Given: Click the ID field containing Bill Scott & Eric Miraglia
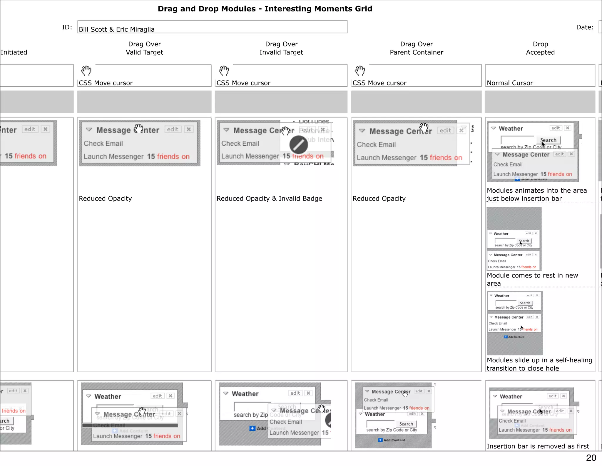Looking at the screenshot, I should pos(212,27).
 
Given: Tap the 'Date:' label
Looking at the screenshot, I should pos(585,27).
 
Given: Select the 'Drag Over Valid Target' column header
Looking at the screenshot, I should pos(144,48).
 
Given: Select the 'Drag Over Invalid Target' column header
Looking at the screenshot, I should pos(281,48).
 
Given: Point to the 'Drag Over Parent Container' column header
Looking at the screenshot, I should pos(416,48).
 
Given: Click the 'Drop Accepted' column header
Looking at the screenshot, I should pos(540,48).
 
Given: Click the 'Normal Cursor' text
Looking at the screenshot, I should pos(510,83).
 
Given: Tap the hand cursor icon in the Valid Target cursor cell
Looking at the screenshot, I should pos(86,71).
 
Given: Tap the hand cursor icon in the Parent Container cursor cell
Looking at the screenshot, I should pos(360,71).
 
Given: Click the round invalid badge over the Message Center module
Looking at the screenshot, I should pos(298,144).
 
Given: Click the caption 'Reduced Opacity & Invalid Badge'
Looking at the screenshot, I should pos(269,199).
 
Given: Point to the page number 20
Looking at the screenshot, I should pos(591,458).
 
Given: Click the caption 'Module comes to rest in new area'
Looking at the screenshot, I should pos(532,279).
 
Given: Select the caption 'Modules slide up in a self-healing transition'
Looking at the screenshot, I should pos(539,364).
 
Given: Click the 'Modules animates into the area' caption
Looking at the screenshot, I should pos(537,194).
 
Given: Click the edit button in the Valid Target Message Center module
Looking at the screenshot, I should pos(173,129).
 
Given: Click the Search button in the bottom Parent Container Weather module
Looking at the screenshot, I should pos(406,424).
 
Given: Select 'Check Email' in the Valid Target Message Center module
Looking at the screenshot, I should pos(103,144).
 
